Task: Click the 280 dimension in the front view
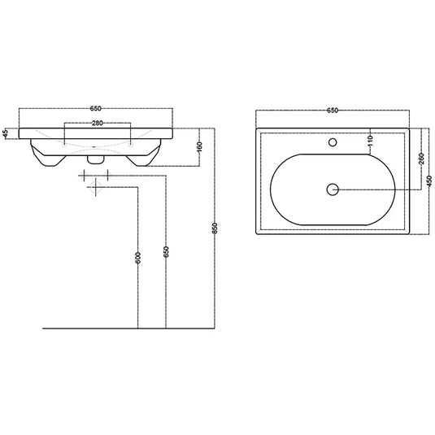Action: [x=96, y=124]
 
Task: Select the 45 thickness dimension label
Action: [x=6, y=133]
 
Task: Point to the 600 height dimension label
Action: [x=139, y=258]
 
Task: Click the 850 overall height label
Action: [x=215, y=230]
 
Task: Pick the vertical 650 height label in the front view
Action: [x=167, y=251]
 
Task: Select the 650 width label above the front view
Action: [x=96, y=107]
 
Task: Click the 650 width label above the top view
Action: [x=332, y=107]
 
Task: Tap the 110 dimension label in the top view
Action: [x=370, y=141]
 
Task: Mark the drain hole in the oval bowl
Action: [x=332, y=189]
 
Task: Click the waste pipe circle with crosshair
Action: [x=95, y=187]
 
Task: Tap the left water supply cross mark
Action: [x=85, y=176]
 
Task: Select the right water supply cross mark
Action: [x=107, y=176]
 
